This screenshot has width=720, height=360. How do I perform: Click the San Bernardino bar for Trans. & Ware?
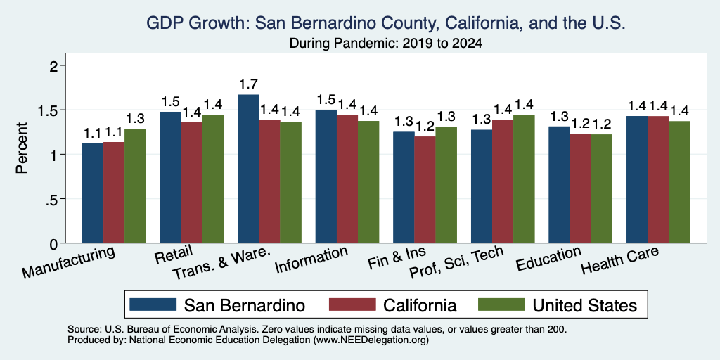tap(248, 169)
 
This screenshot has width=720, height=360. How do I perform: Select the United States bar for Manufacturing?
tap(135, 186)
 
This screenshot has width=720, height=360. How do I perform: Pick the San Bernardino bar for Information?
tap(326, 176)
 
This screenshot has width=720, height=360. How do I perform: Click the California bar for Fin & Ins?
tap(425, 190)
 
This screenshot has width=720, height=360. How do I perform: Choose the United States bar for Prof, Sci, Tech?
tap(524, 179)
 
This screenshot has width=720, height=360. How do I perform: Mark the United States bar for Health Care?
tap(680, 182)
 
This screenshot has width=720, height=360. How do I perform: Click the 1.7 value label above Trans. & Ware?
tap(248, 84)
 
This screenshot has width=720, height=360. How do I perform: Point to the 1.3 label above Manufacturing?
tap(135, 119)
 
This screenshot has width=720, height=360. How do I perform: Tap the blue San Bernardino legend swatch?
tap(153, 304)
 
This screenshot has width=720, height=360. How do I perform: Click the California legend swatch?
tap(352, 304)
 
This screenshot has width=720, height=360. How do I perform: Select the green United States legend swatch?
tap(501, 304)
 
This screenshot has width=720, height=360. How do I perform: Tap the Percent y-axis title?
tap(22, 148)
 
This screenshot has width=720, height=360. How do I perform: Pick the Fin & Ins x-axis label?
tap(397, 258)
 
